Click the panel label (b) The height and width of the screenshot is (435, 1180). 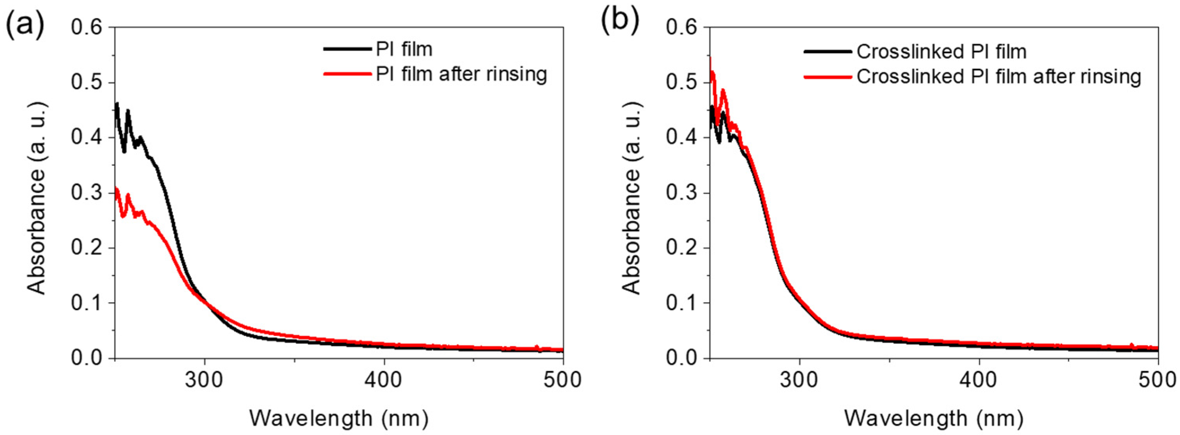620,23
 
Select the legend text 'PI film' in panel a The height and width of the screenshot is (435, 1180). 404,49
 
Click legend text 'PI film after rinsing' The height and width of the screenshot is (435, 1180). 461,74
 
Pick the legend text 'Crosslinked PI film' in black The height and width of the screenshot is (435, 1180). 942,52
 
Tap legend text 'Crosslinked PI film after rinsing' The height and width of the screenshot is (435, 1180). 998,77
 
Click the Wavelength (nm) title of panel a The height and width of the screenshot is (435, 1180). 339,418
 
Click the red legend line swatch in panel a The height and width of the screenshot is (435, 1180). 347,74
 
